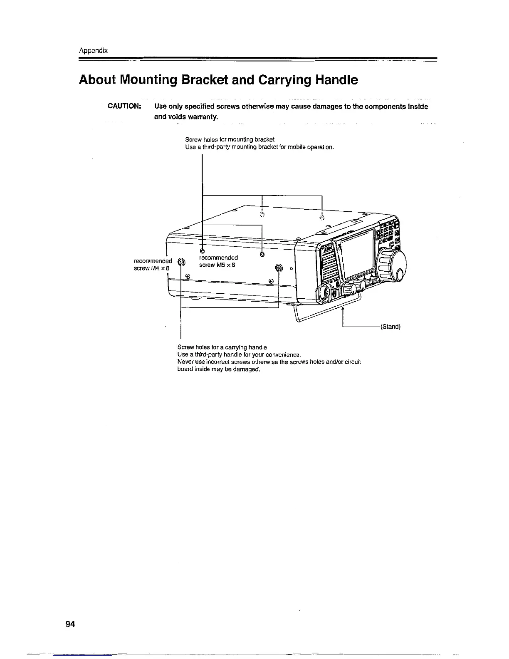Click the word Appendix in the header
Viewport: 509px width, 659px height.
click(94, 51)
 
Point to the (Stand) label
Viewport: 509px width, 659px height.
click(390, 327)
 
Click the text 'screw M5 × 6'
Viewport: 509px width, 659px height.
click(217, 265)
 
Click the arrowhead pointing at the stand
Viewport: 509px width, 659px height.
click(343, 309)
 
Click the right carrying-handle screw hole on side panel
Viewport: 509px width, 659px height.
click(279, 268)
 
